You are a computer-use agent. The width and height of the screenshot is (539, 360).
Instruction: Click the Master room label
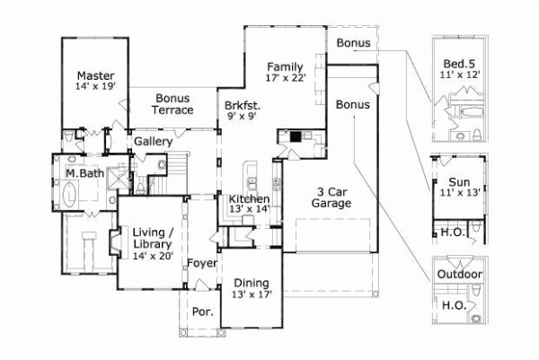[93, 75]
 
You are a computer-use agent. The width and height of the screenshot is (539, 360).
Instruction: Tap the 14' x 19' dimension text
[93, 87]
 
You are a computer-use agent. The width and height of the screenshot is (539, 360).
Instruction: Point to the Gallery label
[154, 142]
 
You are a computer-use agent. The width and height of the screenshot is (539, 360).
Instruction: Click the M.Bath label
[82, 171]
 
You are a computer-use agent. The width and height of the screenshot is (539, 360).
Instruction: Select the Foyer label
[201, 264]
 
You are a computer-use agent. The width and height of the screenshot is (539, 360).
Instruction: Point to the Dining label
[252, 284]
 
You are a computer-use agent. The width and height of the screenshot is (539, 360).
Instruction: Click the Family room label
[287, 66]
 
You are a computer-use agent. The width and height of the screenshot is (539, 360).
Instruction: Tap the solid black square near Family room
[296, 137]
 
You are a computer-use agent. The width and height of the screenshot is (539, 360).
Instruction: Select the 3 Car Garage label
[332, 198]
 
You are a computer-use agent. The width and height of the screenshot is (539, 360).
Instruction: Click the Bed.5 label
[460, 64]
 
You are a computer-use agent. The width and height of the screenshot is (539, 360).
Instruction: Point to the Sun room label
[460, 180]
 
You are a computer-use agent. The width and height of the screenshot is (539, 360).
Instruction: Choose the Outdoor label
[460, 275]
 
